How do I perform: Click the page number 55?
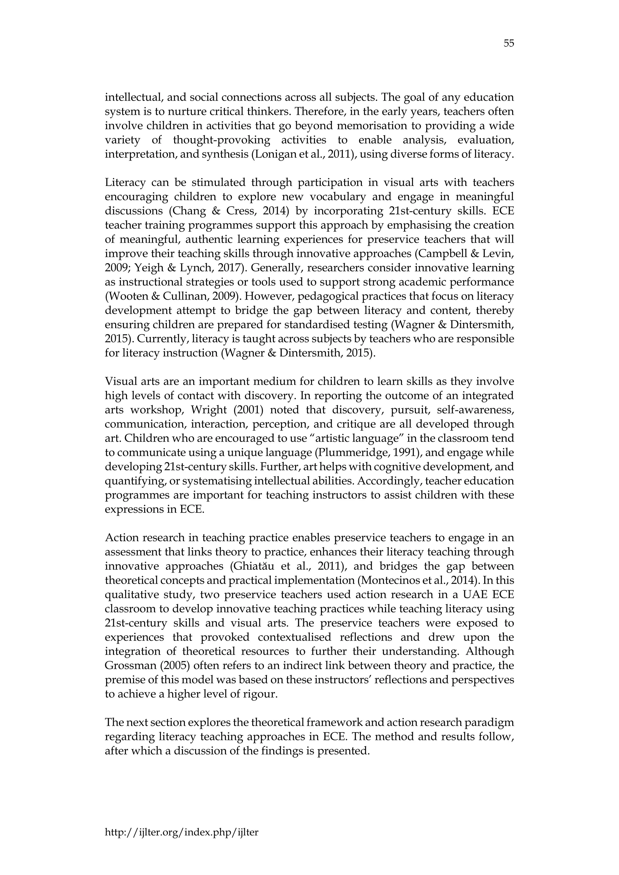point(508,43)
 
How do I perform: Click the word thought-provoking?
point(221,140)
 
